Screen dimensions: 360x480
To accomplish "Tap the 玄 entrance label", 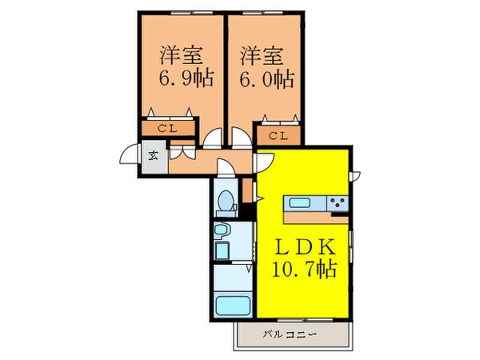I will coord(152,156).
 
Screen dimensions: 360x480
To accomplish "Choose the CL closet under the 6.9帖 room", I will coord(168,128).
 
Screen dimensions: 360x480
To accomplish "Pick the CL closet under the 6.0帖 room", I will coord(278,136).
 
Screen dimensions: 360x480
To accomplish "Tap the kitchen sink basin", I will coord(305,203).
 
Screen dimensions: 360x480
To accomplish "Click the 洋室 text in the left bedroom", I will coord(179,56).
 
